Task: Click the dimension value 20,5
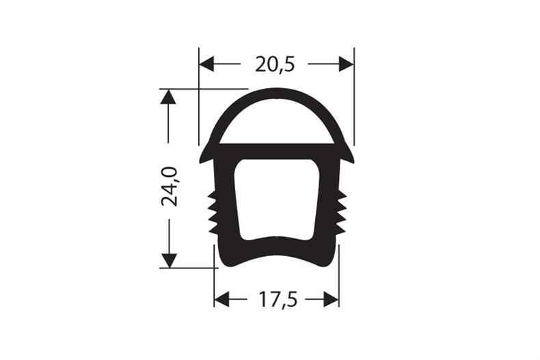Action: click(275, 64)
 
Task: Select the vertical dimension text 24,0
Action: click(169, 186)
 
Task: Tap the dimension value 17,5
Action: click(277, 299)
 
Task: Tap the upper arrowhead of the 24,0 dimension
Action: click(168, 96)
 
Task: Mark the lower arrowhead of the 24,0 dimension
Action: click(168, 260)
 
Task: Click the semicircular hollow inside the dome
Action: click(277, 123)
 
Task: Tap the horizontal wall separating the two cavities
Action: click(277, 151)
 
